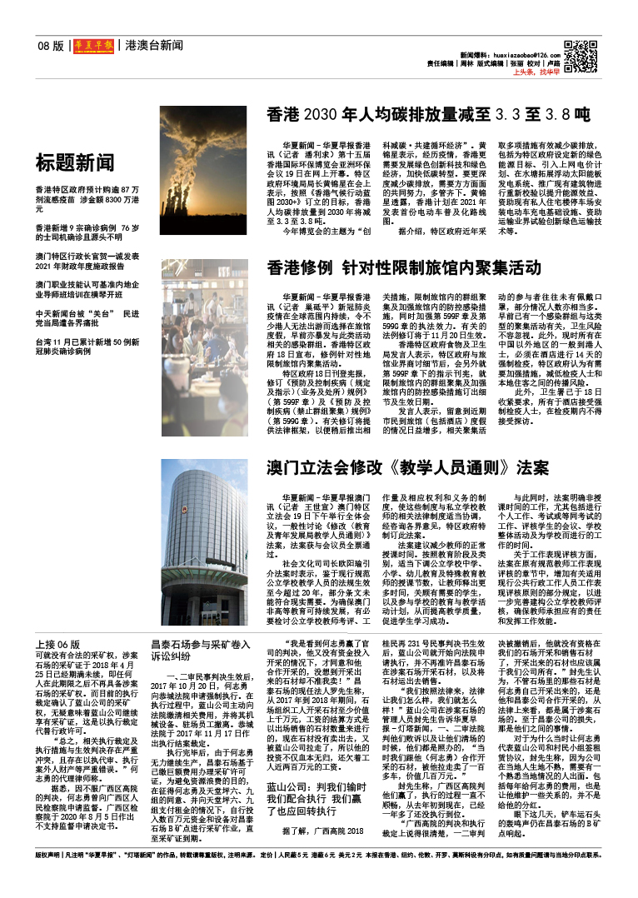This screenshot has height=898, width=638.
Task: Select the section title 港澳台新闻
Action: point(153,45)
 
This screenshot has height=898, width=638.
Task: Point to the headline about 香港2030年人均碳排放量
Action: point(428,114)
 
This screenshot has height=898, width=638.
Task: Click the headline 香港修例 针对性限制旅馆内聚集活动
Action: point(403,268)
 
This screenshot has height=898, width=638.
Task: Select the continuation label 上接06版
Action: point(57,645)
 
